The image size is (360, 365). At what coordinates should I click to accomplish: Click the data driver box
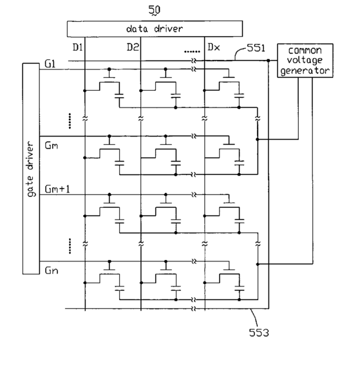click(x=155, y=29)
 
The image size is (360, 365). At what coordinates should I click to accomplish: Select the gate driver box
click(x=31, y=169)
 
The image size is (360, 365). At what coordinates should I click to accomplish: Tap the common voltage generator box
click(x=305, y=61)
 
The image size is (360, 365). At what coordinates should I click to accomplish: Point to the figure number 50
click(x=155, y=10)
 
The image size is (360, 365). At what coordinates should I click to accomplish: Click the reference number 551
click(x=256, y=48)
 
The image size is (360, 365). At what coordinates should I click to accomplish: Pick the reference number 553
click(x=259, y=333)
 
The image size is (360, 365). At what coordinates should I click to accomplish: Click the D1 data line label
click(x=77, y=47)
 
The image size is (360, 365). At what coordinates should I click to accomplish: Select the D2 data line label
click(x=133, y=47)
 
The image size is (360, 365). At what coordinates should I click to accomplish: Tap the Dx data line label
click(x=214, y=47)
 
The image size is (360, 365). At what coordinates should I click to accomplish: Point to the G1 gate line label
click(x=50, y=64)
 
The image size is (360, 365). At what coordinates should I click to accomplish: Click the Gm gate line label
click(x=52, y=145)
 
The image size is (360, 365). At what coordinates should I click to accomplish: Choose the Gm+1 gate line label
click(x=57, y=189)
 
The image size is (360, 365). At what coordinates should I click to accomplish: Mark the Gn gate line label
click(x=52, y=270)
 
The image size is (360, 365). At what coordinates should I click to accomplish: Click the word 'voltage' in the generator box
click(x=305, y=61)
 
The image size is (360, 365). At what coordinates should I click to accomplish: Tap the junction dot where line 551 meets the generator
click(x=269, y=61)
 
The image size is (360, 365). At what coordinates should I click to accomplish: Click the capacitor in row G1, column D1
click(x=119, y=96)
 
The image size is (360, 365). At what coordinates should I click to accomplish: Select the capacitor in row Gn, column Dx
click(x=240, y=288)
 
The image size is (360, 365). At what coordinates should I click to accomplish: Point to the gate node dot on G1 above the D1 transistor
click(x=109, y=69)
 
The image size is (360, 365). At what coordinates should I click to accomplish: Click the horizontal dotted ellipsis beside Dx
click(x=192, y=51)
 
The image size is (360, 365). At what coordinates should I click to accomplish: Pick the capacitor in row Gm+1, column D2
click(x=176, y=221)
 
